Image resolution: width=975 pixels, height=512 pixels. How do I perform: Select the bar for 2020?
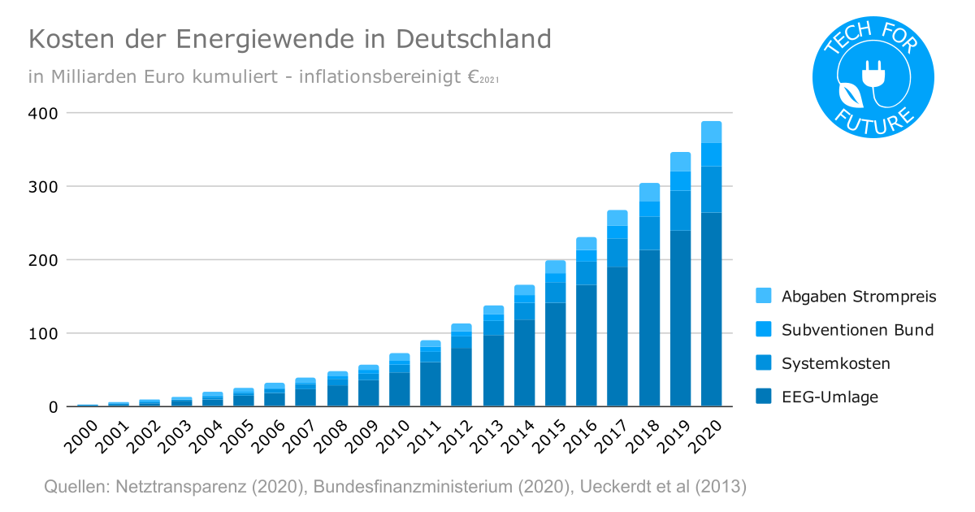711,268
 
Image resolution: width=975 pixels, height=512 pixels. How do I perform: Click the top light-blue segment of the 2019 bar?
680,162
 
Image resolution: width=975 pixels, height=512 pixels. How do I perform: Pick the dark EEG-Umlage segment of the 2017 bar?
617,336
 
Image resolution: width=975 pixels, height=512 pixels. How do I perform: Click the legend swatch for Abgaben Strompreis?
763,296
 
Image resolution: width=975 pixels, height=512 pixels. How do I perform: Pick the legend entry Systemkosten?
835,363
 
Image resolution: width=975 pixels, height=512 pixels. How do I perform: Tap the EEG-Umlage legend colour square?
763,397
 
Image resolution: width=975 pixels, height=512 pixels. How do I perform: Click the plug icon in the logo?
876,76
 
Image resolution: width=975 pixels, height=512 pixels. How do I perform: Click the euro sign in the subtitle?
473,76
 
